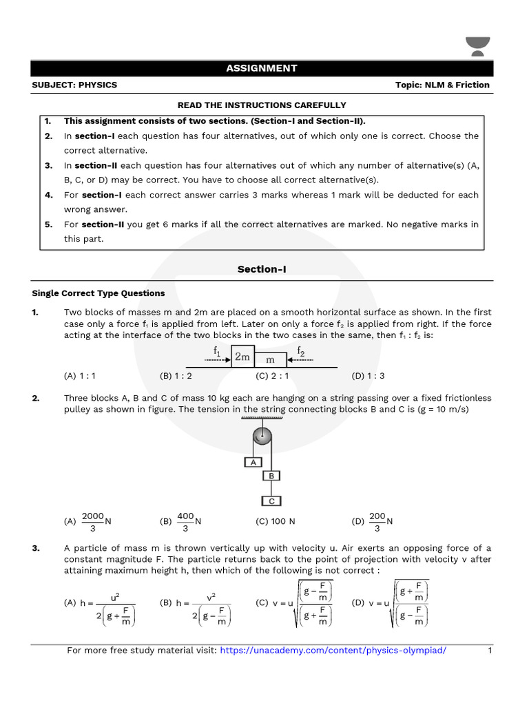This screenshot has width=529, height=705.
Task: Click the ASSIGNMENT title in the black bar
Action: tap(262, 68)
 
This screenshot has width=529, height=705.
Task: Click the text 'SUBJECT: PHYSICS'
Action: tap(74, 85)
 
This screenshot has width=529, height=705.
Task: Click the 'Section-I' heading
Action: tap(262, 269)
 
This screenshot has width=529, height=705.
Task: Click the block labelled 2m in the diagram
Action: tap(242, 357)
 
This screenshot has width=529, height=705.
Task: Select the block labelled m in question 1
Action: tap(270, 360)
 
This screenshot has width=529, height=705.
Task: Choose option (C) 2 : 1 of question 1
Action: tap(271, 376)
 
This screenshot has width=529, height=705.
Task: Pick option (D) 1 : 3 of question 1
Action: tap(368, 376)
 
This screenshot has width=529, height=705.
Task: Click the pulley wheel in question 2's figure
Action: tap(262, 436)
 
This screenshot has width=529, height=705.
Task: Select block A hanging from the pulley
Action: tap(253, 463)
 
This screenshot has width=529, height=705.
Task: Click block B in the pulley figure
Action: tap(271, 476)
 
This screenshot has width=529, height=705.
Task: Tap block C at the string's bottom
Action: tap(271, 501)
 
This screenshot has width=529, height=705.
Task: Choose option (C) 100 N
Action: tap(275, 522)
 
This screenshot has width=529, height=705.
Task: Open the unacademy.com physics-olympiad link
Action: tap(333, 651)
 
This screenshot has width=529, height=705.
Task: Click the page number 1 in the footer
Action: tap(490, 651)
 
